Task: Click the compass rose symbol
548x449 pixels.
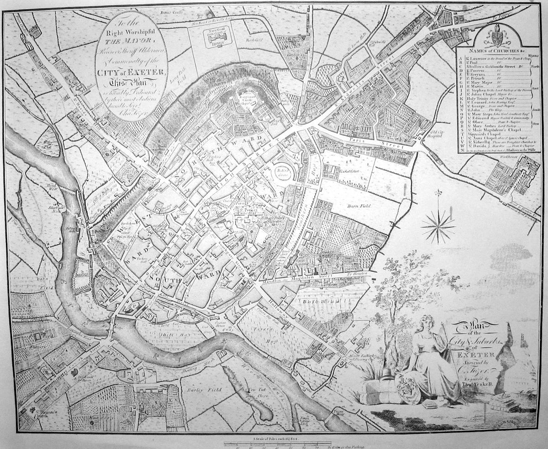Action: point(438,224)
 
